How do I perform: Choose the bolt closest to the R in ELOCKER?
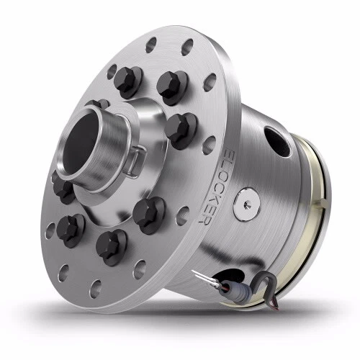click(148, 212)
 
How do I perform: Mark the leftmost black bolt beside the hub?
click(63, 189)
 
